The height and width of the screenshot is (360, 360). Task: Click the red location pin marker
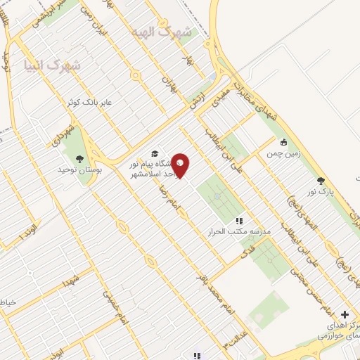181,165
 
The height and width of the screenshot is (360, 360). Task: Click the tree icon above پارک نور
321,181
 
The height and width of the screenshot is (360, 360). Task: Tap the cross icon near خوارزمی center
344,314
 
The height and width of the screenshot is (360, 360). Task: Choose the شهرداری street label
63,136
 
